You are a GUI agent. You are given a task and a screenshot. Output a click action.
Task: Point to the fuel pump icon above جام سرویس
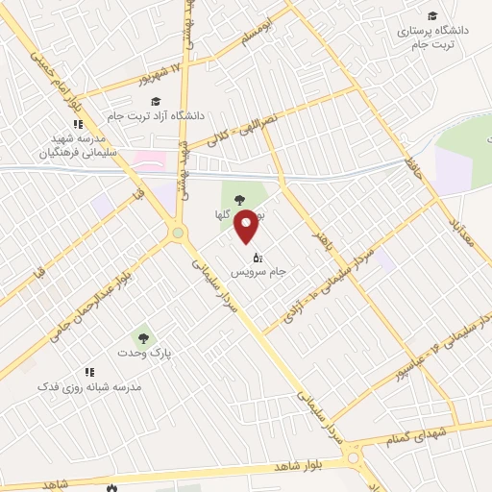[257, 258]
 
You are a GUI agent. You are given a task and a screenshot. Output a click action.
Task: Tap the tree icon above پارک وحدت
[143, 338]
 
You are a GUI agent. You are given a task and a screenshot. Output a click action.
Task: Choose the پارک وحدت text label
[151, 354]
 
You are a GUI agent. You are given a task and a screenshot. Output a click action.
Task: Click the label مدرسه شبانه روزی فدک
[89, 385]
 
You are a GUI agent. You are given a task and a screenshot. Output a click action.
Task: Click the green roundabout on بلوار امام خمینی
[177, 233]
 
